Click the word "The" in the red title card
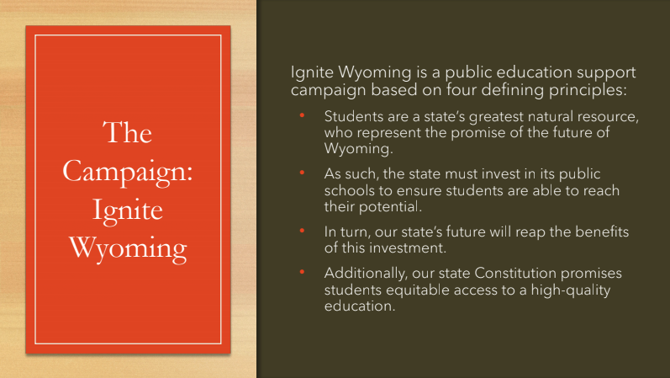[127, 132]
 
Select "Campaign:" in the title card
[128, 172]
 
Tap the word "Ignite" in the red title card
[128, 210]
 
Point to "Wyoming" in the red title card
[128, 248]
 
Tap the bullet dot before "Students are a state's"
[302, 115]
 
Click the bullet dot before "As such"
[302, 173]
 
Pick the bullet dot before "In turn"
[302, 231]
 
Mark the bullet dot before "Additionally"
[302, 272]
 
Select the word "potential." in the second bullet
[390, 208]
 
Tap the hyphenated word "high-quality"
[571, 290]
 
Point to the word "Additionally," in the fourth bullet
[367, 274]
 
